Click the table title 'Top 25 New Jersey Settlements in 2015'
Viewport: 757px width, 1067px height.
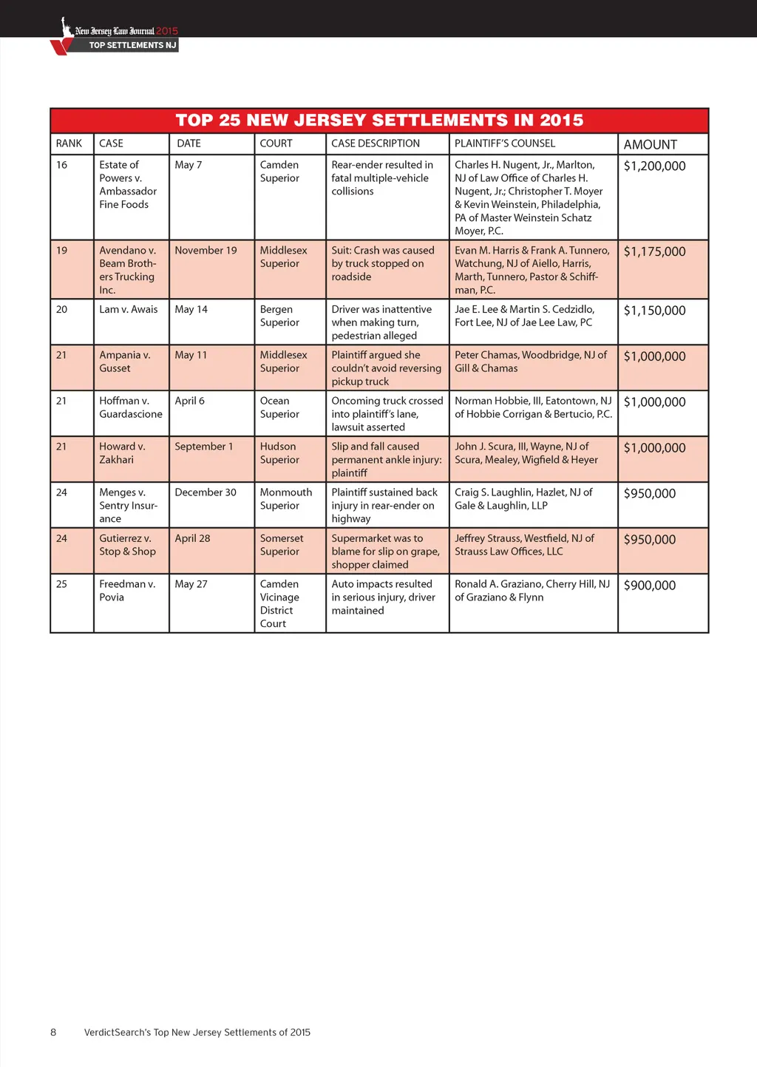click(379, 120)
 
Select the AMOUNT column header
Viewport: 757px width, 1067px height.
click(650, 144)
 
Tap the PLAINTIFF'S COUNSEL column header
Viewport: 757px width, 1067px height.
click(504, 143)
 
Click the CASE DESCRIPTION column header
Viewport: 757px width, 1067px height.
click(375, 143)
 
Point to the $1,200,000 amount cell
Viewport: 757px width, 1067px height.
click(654, 166)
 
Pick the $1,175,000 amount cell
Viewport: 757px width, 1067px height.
click(654, 251)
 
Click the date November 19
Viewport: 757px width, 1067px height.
click(206, 251)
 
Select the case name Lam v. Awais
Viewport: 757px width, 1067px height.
click(128, 309)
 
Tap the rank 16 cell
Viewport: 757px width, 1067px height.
click(62, 165)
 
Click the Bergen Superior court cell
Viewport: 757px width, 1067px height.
click(279, 316)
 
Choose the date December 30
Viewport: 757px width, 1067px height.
click(206, 492)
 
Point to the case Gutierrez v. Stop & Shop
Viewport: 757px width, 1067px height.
click(127, 545)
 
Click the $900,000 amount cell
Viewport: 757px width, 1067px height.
click(649, 586)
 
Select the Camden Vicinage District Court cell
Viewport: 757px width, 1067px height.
click(279, 603)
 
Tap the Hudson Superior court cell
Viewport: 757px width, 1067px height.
click(279, 453)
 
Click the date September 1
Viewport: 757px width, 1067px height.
click(203, 447)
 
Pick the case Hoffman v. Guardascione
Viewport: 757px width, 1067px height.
click(130, 407)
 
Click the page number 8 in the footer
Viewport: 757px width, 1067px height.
click(53, 1032)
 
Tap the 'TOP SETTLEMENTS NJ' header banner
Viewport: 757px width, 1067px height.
click(132, 45)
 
